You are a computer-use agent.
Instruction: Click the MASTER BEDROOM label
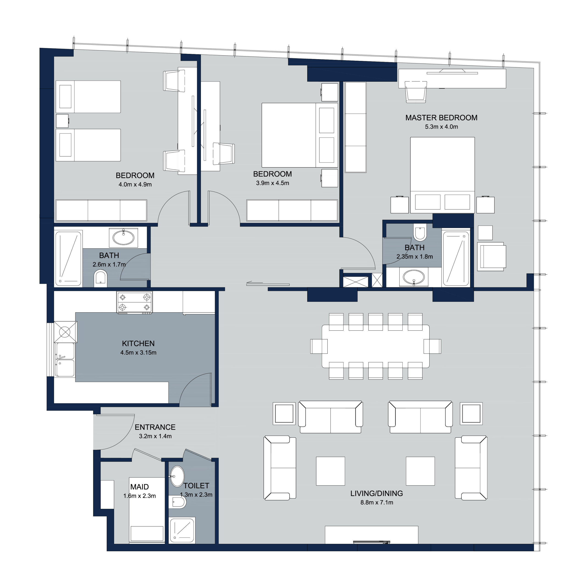[x=441, y=118]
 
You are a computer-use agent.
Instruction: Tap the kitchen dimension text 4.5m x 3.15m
[x=138, y=352]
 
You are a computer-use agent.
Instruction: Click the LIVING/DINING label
[x=377, y=493]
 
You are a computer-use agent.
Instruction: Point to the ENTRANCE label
[x=155, y=427]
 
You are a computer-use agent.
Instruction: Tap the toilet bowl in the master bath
[x=420, y=232]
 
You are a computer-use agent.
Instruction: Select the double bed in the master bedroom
[x=442, y=175]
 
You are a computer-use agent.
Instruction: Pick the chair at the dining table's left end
[x=319, y=346]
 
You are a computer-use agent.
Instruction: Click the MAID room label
[x=139, y=487]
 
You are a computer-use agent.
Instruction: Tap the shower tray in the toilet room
[x=182, y=531]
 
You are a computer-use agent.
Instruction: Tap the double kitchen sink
[x=64, y=360]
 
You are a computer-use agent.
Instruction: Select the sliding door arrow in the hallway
[x=255, y=283]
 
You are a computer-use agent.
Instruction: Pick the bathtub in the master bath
[x=456, y=259]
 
